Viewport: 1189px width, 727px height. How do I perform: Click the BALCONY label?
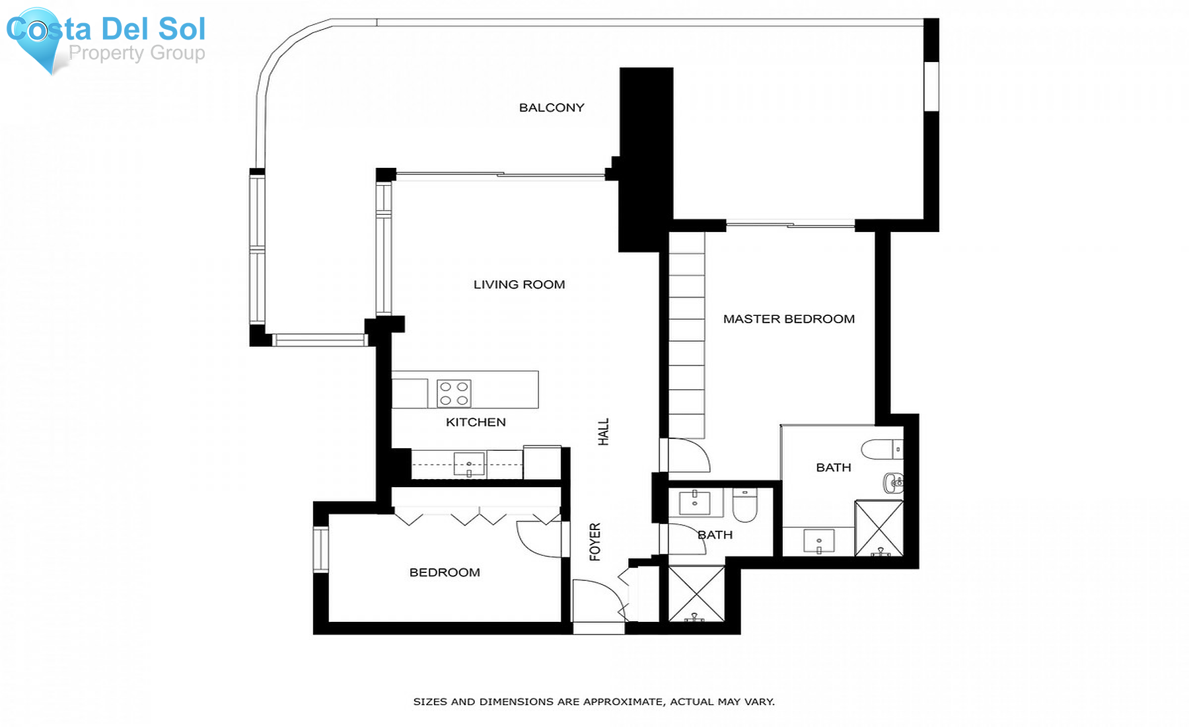(x=551, y=108)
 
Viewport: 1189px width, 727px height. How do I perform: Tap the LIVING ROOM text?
(x=519, y=285)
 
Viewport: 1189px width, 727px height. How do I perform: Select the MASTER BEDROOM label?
(x=789, y=319)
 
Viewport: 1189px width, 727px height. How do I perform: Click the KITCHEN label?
(x=476, y=422)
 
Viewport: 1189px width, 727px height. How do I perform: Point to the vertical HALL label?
(x=603, y=432)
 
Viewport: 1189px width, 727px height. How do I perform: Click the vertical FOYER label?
(x=595, y=542)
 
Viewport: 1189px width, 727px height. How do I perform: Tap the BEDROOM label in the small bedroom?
(x=445, y=572)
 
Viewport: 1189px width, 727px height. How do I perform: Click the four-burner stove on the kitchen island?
(x=454, y=393)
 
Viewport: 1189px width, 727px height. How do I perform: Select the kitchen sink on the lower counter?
(x=469, y=464)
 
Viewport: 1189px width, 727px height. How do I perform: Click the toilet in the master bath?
(x=881, y=449)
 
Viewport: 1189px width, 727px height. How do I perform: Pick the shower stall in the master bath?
(x=879, y=528)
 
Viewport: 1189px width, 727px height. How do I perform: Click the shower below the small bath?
(x=696, y=593)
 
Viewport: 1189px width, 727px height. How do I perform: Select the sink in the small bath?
(x=694, y=503)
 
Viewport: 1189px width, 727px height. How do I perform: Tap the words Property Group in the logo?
(x=137, y=53)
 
